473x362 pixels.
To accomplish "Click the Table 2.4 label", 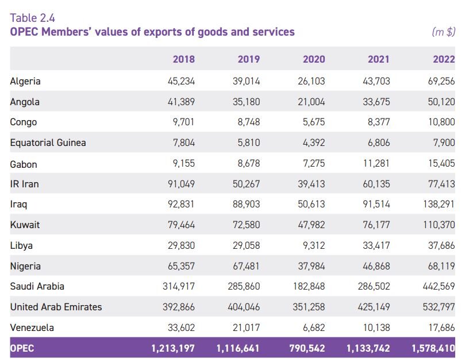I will point(32,18).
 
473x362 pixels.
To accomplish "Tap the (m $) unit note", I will point(443,32).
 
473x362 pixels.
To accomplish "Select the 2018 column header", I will point(183,59).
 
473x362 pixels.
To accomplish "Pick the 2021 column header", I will point(378,59).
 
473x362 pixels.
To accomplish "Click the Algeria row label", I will point(25,81).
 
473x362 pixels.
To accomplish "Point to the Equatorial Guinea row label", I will point(48,143).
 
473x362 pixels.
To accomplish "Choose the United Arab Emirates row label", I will point(56,307).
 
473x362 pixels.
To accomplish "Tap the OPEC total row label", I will point(22,348).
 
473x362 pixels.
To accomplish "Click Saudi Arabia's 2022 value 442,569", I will point(439,286).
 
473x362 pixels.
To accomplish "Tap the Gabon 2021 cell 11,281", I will point(377,164).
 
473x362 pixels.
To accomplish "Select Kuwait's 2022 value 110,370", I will point(439,225).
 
